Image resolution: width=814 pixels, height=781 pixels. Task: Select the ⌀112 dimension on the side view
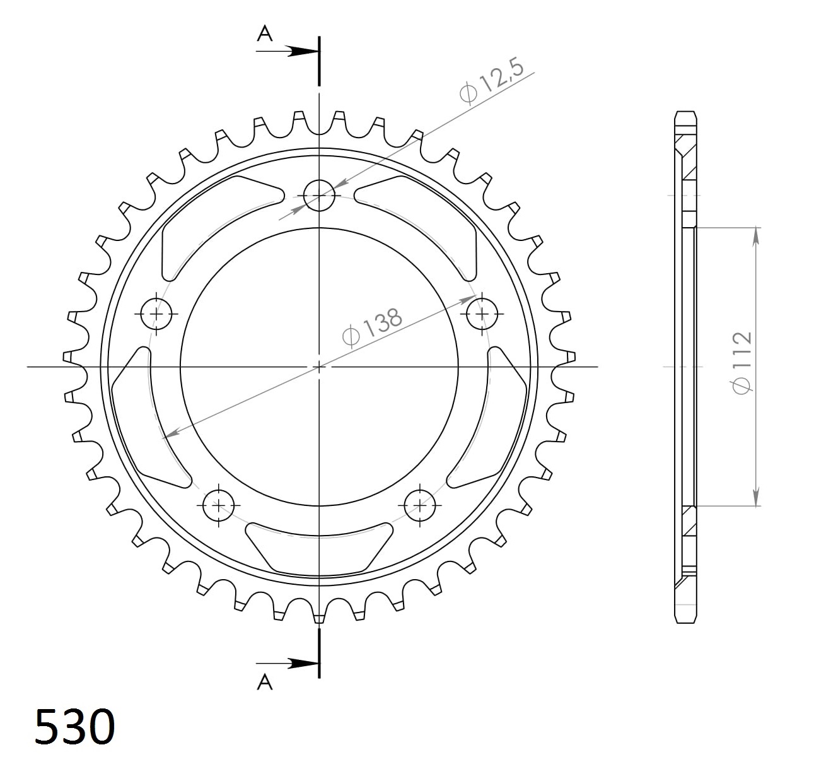point(742,361)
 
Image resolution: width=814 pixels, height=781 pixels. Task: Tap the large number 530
point(75,726)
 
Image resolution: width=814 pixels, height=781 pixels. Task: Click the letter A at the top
point(265,34)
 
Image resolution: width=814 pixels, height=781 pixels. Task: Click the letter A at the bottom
point(265,682)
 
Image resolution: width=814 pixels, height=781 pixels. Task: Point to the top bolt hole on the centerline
point(319,195)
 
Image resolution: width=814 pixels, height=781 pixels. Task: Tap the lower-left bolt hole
point(218,505)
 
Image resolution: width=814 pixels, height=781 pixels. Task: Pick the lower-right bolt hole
point(420,505)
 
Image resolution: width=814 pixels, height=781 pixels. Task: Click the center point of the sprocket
point(319,366)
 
